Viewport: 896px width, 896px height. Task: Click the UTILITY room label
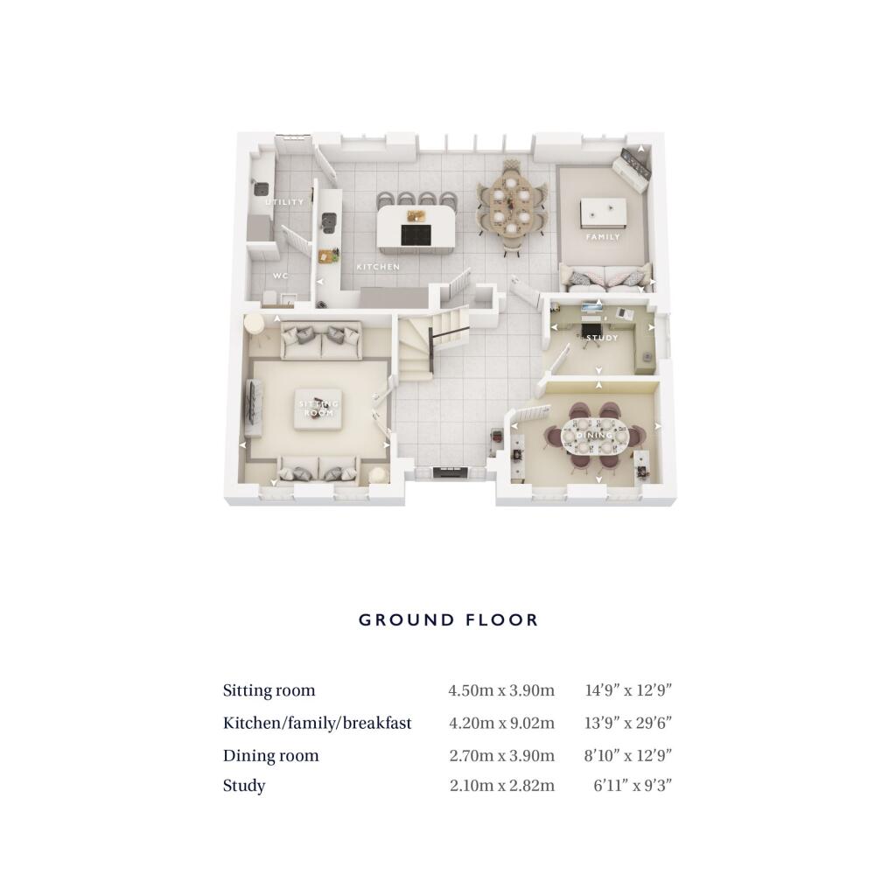tap(284, 202)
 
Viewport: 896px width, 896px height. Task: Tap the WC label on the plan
tap(280, 276)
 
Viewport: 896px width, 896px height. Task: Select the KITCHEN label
tap(378, 267)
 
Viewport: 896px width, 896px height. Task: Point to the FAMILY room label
tap(603, 236)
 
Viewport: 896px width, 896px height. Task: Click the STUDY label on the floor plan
tap(602, 338)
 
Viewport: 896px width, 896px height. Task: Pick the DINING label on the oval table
tap(594, 435)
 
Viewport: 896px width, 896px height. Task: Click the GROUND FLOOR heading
tap(449, 620)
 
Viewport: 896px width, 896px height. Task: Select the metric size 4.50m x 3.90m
tap(501, 690)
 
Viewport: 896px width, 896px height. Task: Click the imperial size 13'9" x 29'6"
tap(628, 723)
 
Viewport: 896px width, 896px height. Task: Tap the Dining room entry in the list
tap(271, 755)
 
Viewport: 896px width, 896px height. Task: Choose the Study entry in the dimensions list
tap(244, 786)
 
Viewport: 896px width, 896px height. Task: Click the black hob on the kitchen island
tap(416, 234)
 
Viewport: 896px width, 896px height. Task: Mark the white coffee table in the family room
tap(603, 213)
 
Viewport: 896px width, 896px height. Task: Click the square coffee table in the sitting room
tap(318, 408)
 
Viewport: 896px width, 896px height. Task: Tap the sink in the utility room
tap(261, 188)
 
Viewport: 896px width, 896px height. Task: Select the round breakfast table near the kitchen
tap(510, 206)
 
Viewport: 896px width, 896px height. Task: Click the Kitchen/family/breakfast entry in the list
tap(317, 723)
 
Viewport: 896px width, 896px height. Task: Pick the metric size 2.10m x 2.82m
tap(501, 786)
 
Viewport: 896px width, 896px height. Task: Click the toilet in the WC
tap(269, 297)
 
